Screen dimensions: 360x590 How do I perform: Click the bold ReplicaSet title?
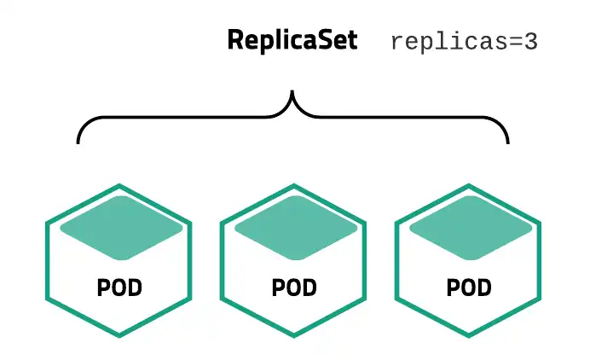292,41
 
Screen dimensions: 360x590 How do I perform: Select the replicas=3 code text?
464,42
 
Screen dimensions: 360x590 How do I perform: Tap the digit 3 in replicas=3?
530,42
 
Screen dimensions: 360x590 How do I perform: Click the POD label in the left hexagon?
119,287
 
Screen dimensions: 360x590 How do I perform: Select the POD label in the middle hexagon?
294,287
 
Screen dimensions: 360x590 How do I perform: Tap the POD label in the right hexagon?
470,287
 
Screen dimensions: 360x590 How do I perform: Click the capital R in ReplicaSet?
235,41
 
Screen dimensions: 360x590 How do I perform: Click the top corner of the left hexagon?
119,185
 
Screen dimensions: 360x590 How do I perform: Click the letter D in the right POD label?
483,287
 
